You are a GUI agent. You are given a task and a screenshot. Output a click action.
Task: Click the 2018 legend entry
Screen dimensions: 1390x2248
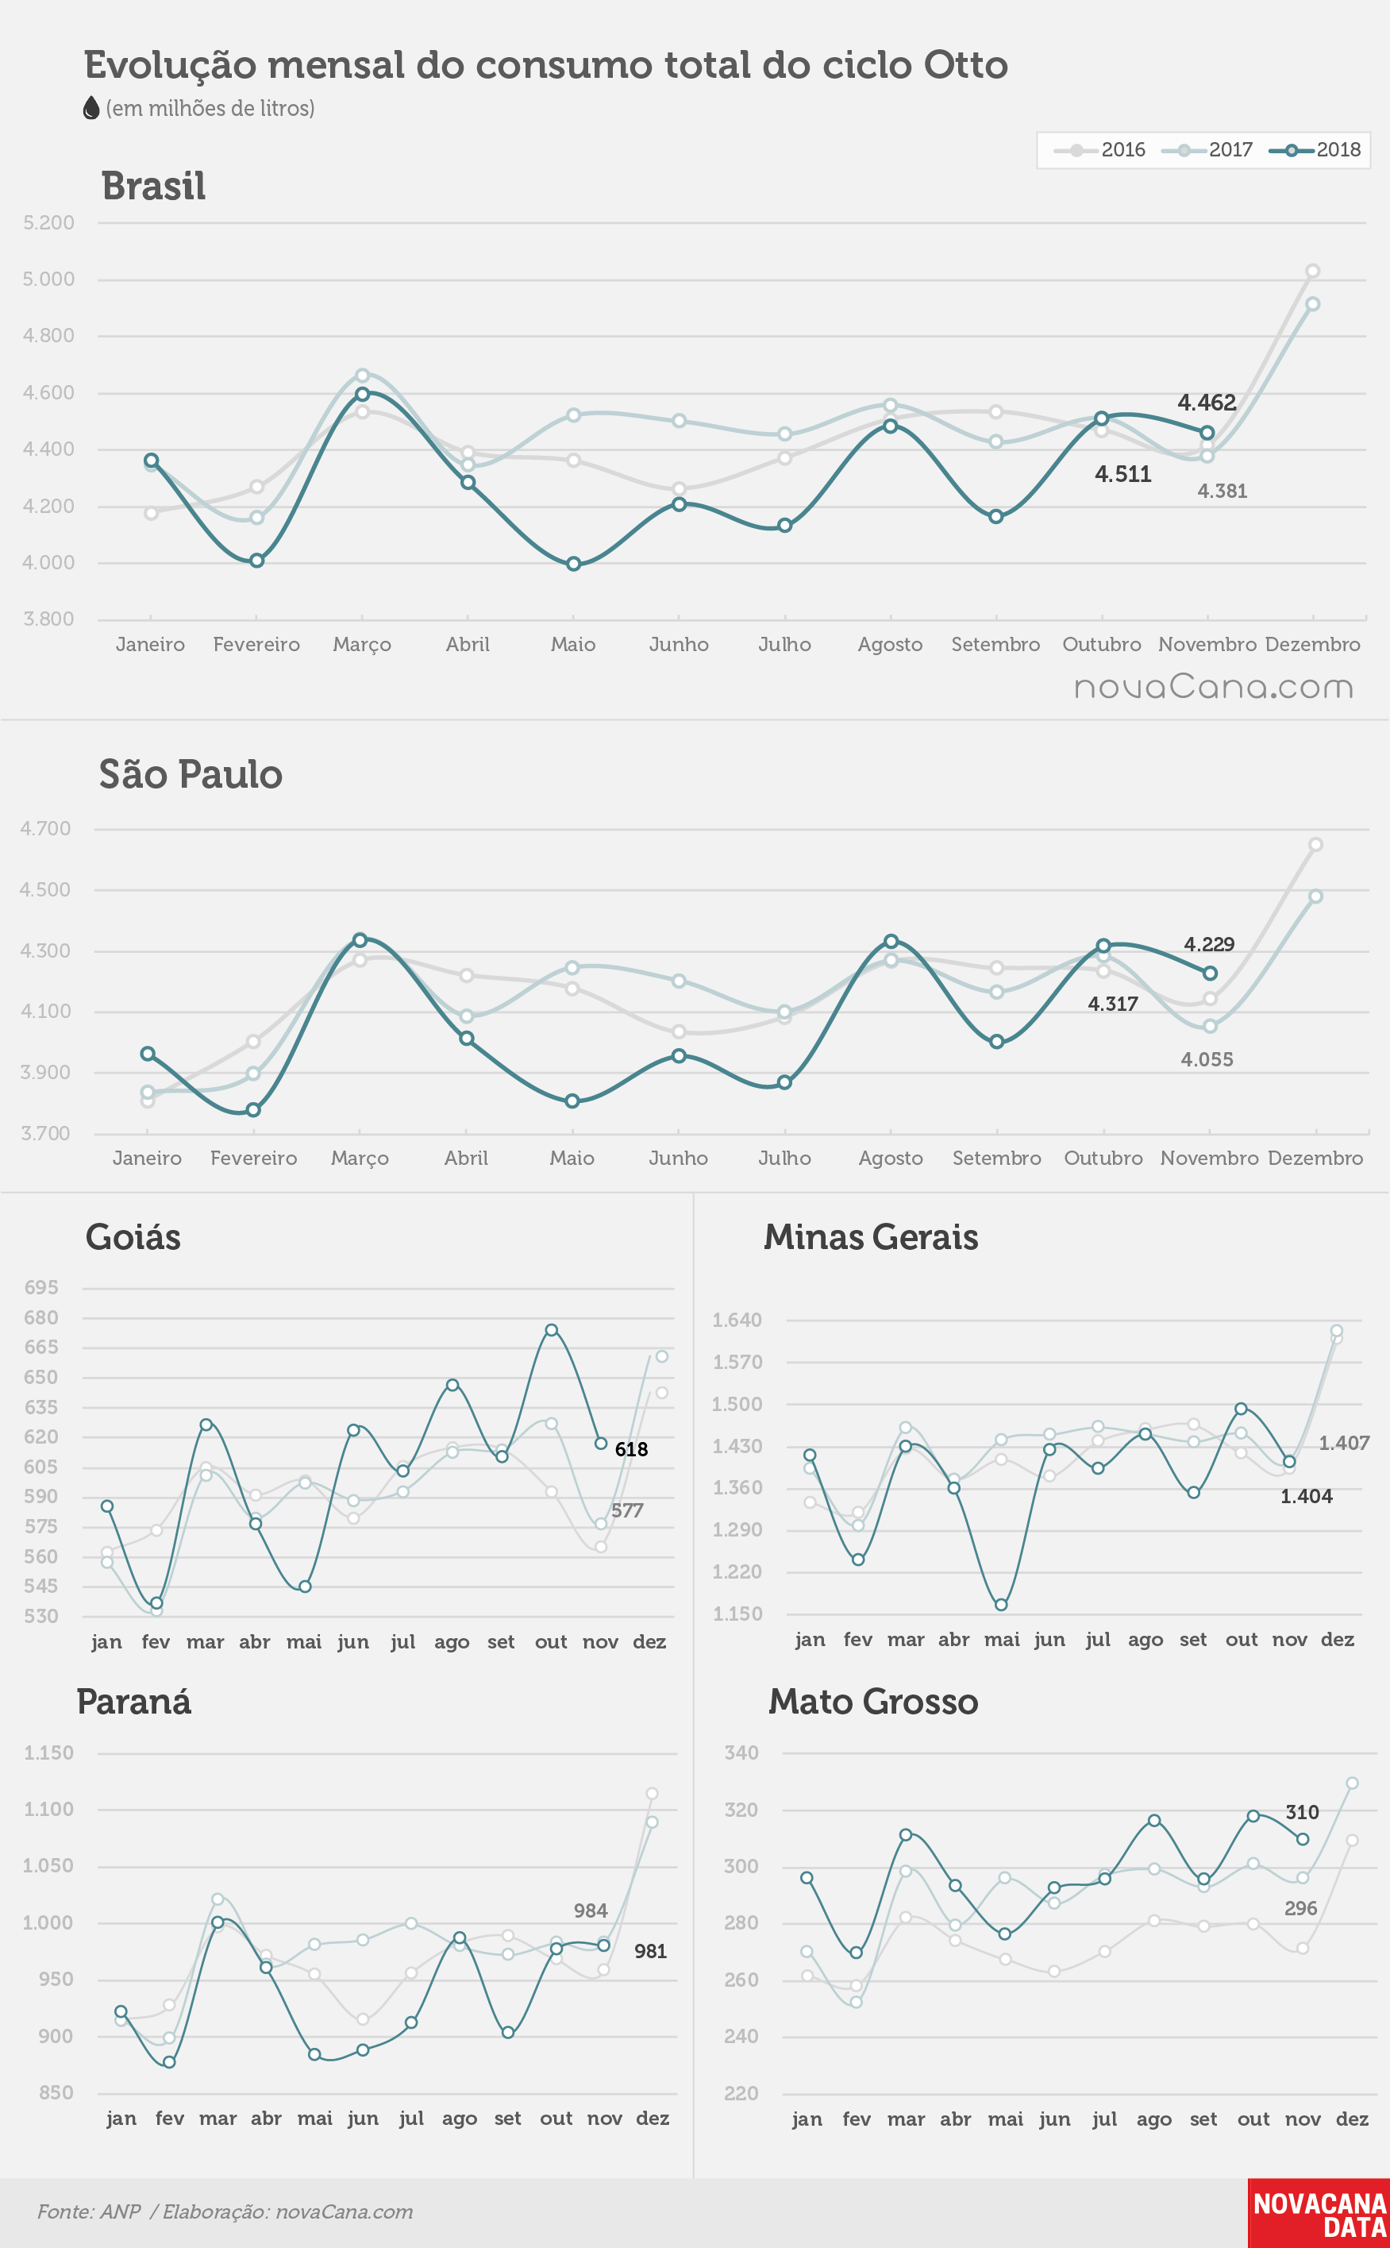coord(1315,150)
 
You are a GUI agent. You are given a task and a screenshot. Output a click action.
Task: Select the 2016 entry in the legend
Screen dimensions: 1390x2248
coord(1099,150)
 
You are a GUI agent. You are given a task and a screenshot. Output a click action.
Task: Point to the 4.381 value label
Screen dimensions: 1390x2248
coord(1222,491)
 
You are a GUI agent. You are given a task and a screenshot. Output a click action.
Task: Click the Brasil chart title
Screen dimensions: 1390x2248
coord(153,186)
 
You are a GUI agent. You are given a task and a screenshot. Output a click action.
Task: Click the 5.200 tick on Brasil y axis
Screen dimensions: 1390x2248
coord(48,222)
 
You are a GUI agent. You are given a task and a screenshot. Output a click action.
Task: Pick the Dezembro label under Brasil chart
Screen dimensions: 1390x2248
coord(1313,645)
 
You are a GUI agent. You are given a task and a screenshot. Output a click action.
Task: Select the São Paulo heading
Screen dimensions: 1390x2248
coord(191,774)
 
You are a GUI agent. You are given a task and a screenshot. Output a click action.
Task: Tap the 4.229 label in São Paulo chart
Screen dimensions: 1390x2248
coord(1209,944)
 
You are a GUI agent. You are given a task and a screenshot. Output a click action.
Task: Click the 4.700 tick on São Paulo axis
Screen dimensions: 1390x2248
coord(46,828)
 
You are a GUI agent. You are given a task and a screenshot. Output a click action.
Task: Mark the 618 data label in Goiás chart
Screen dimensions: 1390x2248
coord(632,1449)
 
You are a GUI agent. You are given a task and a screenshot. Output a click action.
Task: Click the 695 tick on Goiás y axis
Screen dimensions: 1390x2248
coord(41,1287)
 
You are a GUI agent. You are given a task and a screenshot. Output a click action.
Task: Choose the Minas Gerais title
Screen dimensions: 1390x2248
coord(871,1236)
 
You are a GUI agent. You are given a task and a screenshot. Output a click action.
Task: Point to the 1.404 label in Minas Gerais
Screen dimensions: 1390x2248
coord(1307,1496)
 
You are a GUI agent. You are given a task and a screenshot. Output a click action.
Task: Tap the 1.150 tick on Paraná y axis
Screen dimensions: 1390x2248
coord(48,1753)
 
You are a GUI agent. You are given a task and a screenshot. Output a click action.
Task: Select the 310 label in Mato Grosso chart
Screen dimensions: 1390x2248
coord(1302,1812)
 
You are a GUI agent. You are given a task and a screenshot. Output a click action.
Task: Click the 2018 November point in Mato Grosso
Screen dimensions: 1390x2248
coord(1303,1839)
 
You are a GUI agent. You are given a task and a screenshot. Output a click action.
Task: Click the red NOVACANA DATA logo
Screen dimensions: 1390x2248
coord(1319,2213)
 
